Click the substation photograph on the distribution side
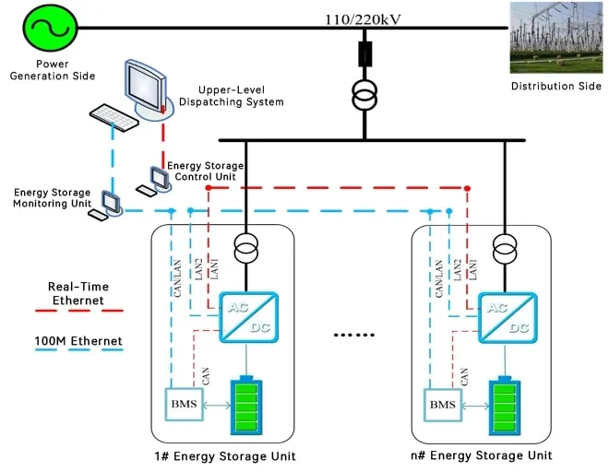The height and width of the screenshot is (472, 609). tap(555, 38)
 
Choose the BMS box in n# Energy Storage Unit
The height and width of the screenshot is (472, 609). tap(443, 405)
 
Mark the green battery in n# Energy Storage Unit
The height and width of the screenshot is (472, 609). tap(505, 405)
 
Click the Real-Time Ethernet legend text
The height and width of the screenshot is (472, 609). tap(76, 293)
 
